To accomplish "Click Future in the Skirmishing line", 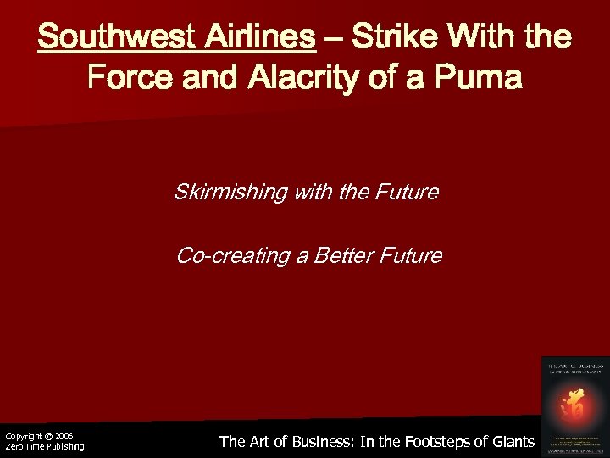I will (405, 193).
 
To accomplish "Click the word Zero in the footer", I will (14, 446).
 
